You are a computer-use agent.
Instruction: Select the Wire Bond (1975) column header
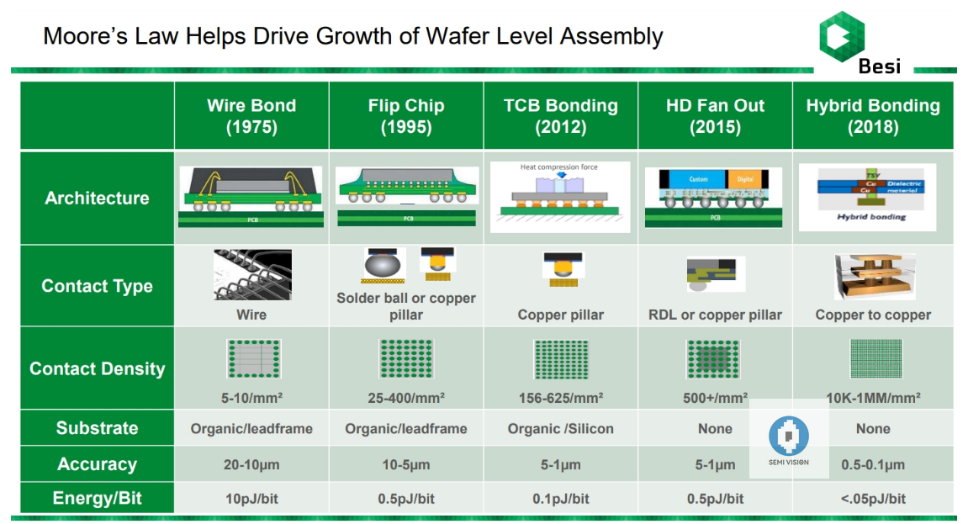[x=251, y=116]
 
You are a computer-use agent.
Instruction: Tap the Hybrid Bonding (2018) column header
[x=873, y=116]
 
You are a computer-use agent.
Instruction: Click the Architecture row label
[x=97, y=198]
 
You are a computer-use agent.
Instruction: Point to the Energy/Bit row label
[x=97, y=498]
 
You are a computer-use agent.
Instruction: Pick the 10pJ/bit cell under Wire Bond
[x=251, y=499]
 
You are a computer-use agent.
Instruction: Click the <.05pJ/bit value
[x=873, y=499]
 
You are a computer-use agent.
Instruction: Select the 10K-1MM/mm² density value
[x=873, y=397]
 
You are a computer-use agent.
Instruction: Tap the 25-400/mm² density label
[x=406, y=397]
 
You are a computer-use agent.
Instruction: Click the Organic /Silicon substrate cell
[x=561, y=429]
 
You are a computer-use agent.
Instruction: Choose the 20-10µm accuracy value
[x=251, y=464]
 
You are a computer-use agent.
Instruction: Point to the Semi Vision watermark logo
[x=789, y=438]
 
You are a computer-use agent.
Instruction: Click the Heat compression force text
[x=559, y=167]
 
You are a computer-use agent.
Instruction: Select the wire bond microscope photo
[x=251, y=275]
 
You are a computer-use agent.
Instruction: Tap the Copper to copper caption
[x=873, y=315]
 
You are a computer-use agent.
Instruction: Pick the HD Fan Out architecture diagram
[x=714, y=197]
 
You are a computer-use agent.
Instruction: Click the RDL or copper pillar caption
[x=715, y=315]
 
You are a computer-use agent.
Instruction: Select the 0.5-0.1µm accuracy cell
[x=873, y=464]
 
